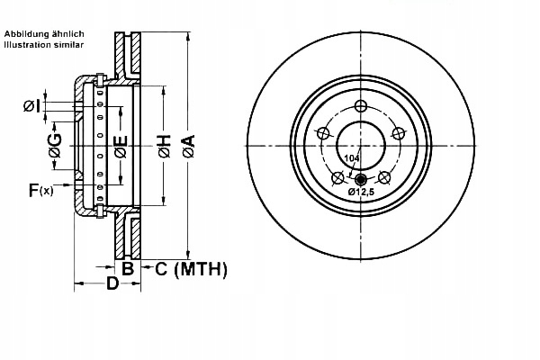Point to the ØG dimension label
coord(55,148)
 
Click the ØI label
coord(33,107)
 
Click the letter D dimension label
coord(112,284)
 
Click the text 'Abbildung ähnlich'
coord(44,33)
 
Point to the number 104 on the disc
coord(352,158)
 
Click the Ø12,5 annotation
coord(361,191)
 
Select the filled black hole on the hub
coord(361,177)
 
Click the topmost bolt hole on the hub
coord(361,106)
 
